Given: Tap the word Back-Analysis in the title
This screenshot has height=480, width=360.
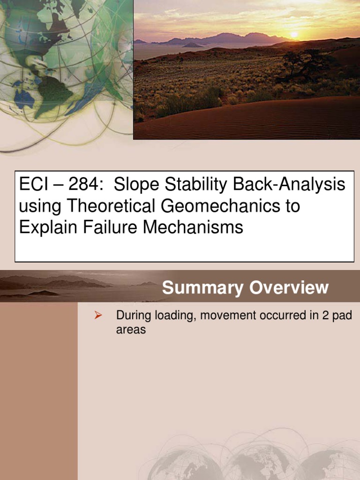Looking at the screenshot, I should tap(298, 185).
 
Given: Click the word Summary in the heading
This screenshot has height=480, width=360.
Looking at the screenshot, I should tap(203, 288).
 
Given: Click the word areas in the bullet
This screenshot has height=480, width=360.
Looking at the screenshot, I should tap(131, 330).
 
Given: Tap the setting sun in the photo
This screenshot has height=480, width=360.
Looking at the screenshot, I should tap(294, 35).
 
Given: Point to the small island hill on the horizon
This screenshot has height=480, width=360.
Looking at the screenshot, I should tap(193, 45).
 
